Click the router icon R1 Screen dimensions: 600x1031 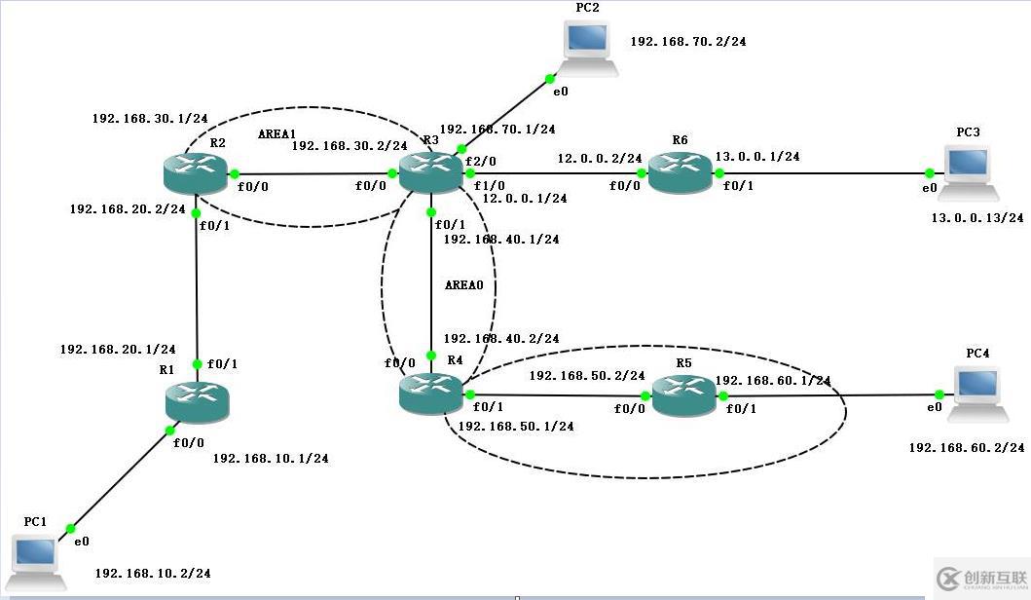[x=197, y=399]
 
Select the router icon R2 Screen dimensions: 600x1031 [x=196, y=173]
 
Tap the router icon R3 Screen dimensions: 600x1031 [x=430, y=173]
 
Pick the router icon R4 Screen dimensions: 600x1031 [x=430, y=394]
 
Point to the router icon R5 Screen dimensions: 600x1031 [x=683, y=396]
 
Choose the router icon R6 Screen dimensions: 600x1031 [x=681, y=173]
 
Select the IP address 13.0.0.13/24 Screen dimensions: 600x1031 [x=976, y=218]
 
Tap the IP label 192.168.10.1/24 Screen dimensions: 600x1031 [x=270, y=458]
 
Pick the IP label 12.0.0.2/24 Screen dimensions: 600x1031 [x=599, y=158]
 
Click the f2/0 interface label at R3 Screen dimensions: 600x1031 [x=480, y=161]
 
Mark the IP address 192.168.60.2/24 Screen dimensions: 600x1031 [x=966, y=447]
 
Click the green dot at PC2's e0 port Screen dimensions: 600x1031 [x=549, y=78]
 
